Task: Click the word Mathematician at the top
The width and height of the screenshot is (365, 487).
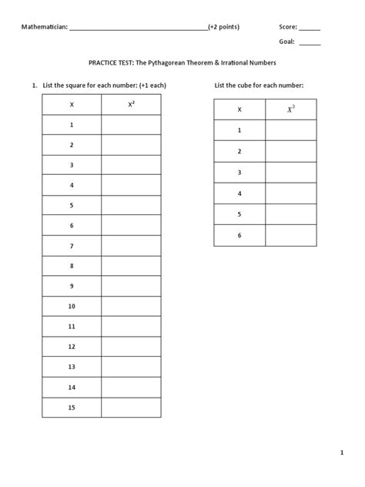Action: pos(44,26)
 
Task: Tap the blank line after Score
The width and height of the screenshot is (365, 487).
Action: pos(310,28)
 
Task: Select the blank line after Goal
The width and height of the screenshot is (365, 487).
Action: pos(310,43)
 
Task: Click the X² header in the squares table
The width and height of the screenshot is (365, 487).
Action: pos(131,104)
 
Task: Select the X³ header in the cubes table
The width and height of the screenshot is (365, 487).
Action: pos(290,110)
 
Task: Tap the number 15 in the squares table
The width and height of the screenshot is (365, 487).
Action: pos(72,407)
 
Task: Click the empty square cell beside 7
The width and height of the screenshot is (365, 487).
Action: pos(131,246)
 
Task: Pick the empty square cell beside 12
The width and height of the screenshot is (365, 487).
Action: pos(131,347)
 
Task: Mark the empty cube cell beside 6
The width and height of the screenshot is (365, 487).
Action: pos(290,235)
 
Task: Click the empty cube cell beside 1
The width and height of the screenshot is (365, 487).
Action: pos(290,131)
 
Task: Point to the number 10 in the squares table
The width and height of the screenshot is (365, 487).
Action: pos(72,306)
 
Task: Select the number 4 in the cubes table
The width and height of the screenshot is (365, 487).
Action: pos(239,193)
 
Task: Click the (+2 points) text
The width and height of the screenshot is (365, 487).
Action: pos(223,26)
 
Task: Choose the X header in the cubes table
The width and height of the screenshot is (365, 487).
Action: pos(239,110)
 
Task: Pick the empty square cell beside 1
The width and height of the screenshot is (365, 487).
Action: pos(131,124)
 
